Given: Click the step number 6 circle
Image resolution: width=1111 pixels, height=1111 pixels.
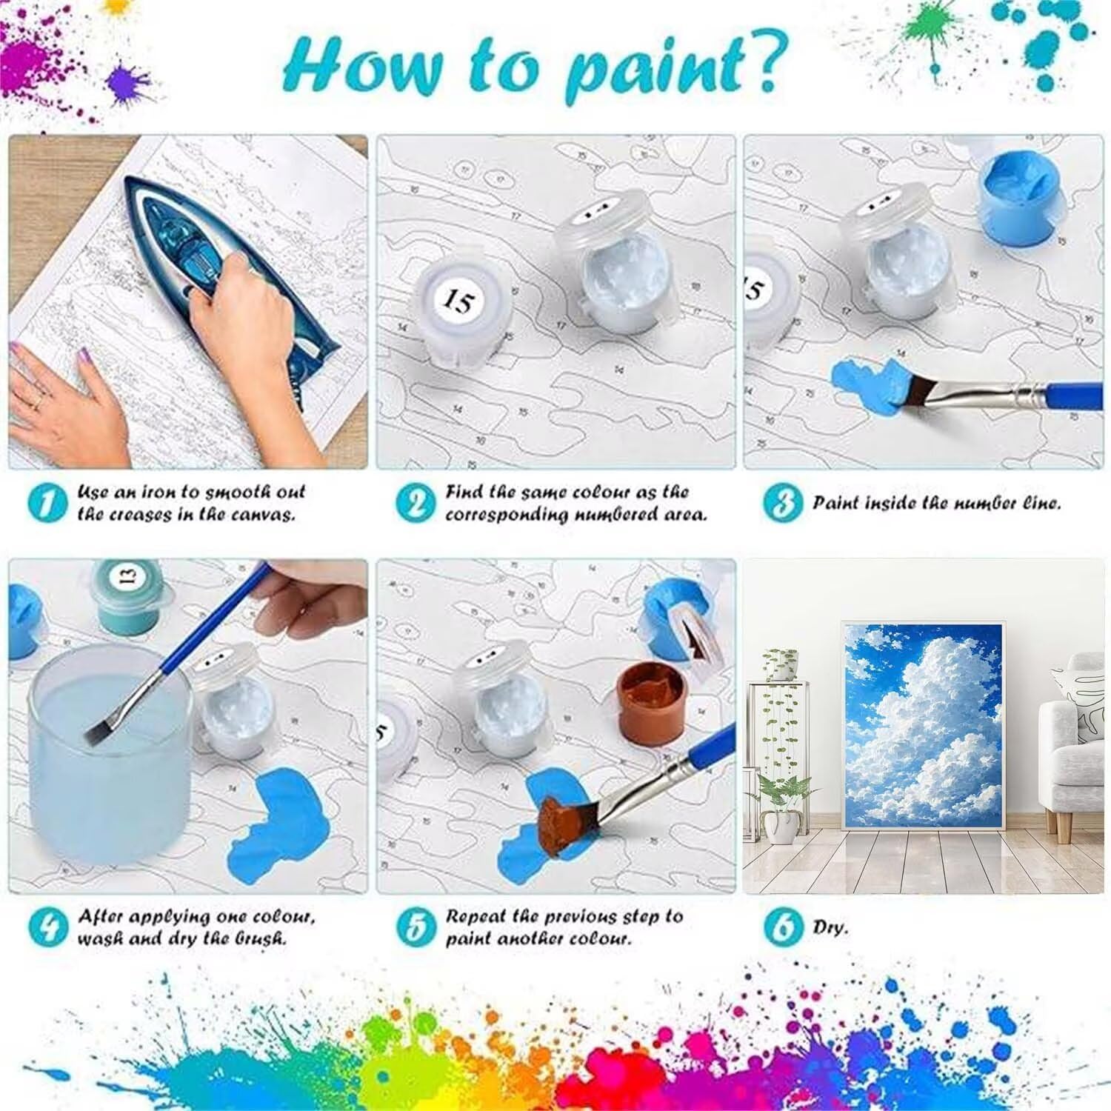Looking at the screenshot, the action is coord(782,927).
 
